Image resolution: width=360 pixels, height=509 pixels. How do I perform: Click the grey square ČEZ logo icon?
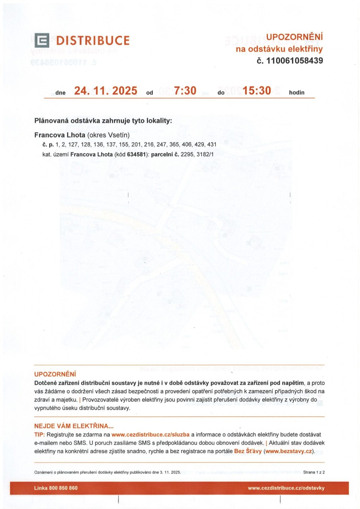tap(42, 40)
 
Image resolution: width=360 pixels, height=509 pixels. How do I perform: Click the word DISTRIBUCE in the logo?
tap(93, 41)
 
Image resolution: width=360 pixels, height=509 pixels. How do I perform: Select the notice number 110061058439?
tap(294, 61)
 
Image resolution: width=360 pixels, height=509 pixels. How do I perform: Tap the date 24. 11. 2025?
tap(106, 91)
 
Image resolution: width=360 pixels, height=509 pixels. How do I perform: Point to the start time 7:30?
tap(185, 91)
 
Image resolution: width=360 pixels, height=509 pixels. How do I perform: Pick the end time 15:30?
tap(257, 91)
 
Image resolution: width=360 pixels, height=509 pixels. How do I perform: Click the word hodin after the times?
tap(296, 93)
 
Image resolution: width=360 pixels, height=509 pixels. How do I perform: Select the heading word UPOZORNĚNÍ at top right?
tap(294, 37)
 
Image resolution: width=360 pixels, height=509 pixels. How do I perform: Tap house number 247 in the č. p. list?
tap(161, 145)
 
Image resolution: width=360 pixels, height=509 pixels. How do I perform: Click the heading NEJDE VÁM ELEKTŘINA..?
tap(74, 426)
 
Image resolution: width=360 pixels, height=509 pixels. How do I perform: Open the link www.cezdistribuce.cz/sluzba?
tap(150, 435)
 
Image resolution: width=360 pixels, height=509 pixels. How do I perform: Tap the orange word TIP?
tap(40, 435)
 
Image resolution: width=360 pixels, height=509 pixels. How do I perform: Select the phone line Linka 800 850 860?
tap(56, 488)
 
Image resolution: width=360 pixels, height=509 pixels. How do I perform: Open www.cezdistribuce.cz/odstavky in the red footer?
tap(286, 488)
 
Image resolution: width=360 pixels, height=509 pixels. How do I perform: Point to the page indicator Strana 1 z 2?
tap(314, 472)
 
